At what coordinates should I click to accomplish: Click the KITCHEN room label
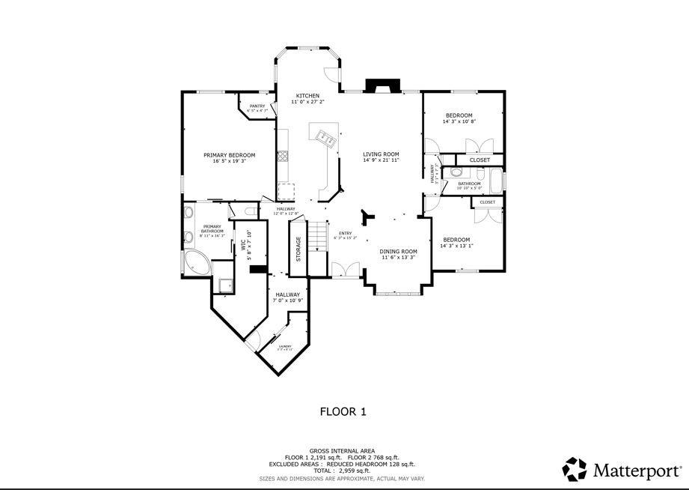pyautogui.click(x=307, y=96)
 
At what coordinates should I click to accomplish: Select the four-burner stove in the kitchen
pyautogui.click(x=283, y=156)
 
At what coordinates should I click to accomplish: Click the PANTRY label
pyautogui.click(x=257, y=106)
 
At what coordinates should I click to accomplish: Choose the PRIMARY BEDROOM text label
pyautogui.click(x=229, y=155)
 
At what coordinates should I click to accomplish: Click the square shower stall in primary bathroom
pyautogui.click(x=224, y=285)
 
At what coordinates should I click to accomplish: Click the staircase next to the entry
pyautogui.click(x=319, y=238)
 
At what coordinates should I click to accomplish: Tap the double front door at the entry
pyautogui.click(x=345, y=269)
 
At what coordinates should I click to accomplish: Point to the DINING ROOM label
pyautogui.click(x=398, y=252)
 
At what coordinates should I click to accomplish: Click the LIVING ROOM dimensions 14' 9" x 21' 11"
pyautogui.click(x=382, y=160)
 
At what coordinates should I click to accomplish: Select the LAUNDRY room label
pyautogui.click(x=284, y=346)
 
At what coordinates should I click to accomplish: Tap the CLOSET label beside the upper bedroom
pyautogui.click(x=480, y=160)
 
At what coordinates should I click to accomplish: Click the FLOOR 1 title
pyautogui.click(x=343, y=411)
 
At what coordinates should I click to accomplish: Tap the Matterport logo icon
pyautogui.click(x=575, y=470)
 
